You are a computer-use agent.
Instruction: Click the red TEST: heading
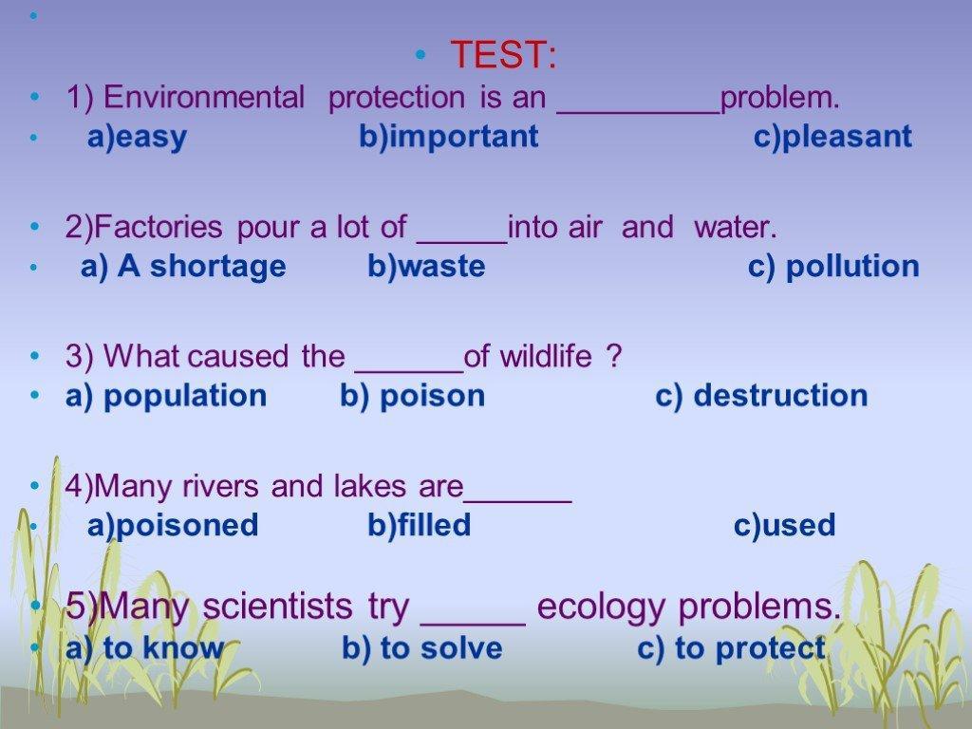503,54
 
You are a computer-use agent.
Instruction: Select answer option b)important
449,137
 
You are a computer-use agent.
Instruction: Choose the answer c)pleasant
832,137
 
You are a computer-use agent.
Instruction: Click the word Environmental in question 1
204,98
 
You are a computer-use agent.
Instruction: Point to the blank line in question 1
639,113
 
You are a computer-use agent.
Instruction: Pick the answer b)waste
426,267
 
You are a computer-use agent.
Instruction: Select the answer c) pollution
833,267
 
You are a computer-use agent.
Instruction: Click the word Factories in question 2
158,227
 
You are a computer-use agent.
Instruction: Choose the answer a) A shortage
183,267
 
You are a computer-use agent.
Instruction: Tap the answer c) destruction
761,396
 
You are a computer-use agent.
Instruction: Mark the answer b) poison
412,396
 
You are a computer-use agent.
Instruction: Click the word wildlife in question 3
546,357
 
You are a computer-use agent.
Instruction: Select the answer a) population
166,396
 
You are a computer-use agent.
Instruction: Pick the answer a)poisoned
173,525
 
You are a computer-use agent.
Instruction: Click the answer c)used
785,525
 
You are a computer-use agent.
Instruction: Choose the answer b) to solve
422,648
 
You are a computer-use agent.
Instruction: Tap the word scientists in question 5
277,606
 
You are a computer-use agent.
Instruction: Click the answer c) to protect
732,649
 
